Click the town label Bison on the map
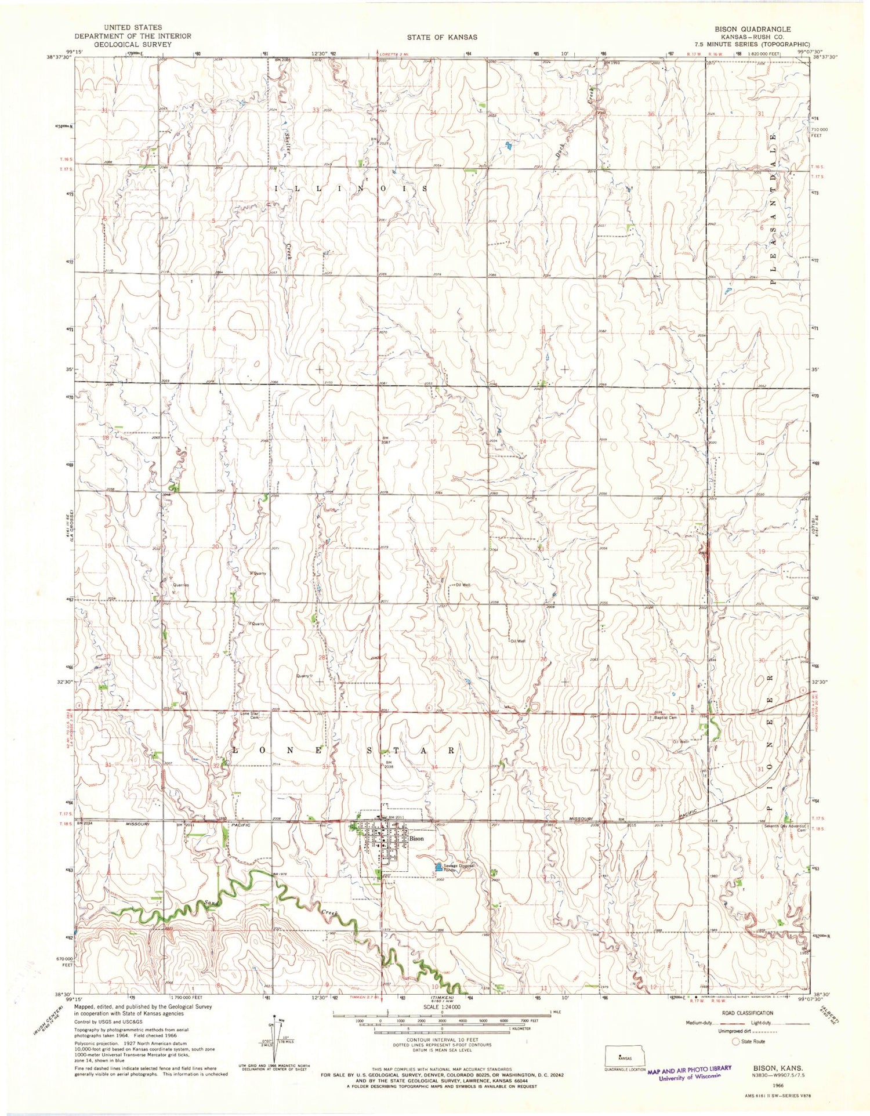tap(416, 839)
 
